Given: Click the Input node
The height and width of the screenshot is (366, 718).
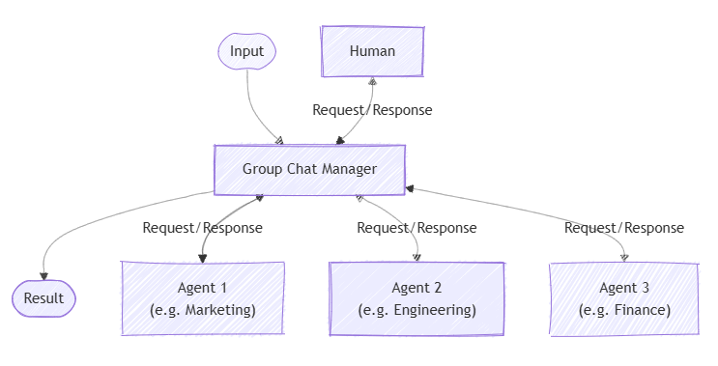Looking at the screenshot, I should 247,51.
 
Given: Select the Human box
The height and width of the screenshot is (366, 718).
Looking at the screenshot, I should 372,51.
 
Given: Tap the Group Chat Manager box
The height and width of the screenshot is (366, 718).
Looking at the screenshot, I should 309,169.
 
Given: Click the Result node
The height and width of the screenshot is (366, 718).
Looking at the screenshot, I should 43,298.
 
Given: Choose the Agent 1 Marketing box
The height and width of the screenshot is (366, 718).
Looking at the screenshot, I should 203,298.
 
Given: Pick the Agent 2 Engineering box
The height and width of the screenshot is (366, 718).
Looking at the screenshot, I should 416,298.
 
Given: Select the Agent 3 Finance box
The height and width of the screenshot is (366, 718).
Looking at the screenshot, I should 623,298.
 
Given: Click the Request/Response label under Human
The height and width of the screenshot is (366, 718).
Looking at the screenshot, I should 372,110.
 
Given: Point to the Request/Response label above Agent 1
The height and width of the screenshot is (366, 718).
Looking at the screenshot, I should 202,228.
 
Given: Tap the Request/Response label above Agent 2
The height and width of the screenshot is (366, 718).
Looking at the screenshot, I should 416,228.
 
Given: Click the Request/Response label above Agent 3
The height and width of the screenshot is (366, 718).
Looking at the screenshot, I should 623,228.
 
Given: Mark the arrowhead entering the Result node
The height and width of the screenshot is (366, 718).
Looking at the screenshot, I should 44,277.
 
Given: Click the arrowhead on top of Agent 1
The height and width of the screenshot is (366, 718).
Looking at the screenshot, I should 202,257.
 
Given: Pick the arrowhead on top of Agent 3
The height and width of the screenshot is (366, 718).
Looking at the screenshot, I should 624,257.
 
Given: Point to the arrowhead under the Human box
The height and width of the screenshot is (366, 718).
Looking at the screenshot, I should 372,81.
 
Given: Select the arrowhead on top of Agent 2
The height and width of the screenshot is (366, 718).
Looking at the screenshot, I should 417,257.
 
